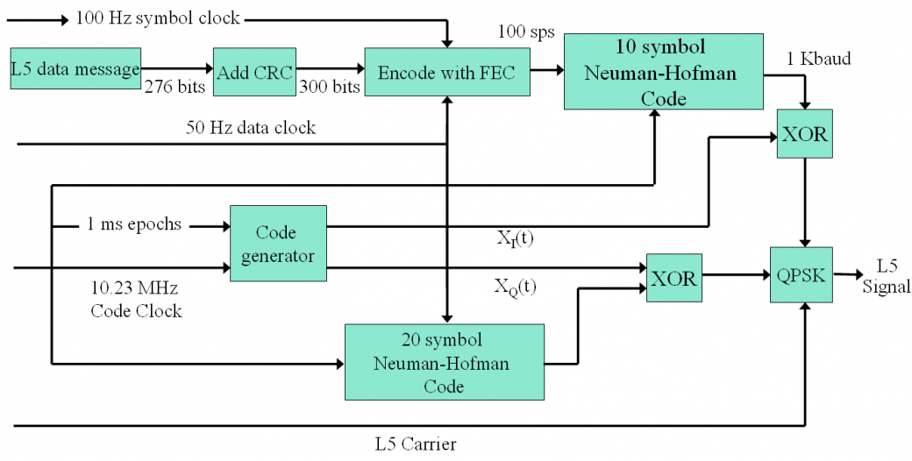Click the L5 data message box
click(x=76, y=68)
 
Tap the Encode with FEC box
click(x=447, y=71)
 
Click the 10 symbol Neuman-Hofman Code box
click(x=663, y=71)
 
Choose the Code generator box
click(x=278, y=244)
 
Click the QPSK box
click(x=800, y=274)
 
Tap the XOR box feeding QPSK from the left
click(x=673, y=277)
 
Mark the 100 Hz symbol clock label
click(x=158, y=17)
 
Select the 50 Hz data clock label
click(x=251, y=127)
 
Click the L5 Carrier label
click(x=415, y=444)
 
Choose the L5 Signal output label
click(x=887, y=276)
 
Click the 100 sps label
click(x=526, y=32)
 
